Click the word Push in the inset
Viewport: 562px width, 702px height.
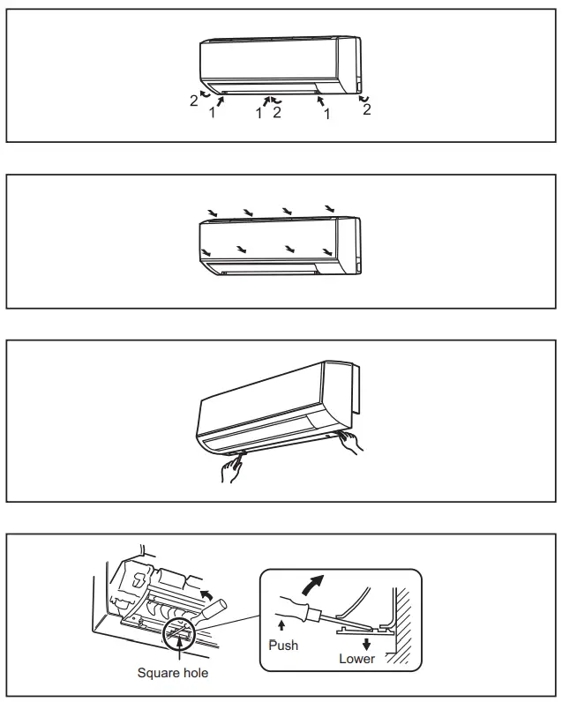(283, 645)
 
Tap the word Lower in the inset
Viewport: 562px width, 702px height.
(356, 658)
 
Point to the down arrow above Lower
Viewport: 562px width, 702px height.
(365, 643)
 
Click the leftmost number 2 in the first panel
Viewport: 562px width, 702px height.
(193, 101)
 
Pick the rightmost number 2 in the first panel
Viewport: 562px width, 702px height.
(366, 109)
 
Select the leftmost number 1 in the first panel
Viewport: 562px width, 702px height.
(211, 113)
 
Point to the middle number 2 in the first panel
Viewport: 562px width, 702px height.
(276, 113)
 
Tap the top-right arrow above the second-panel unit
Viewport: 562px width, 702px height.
(329, 209)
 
